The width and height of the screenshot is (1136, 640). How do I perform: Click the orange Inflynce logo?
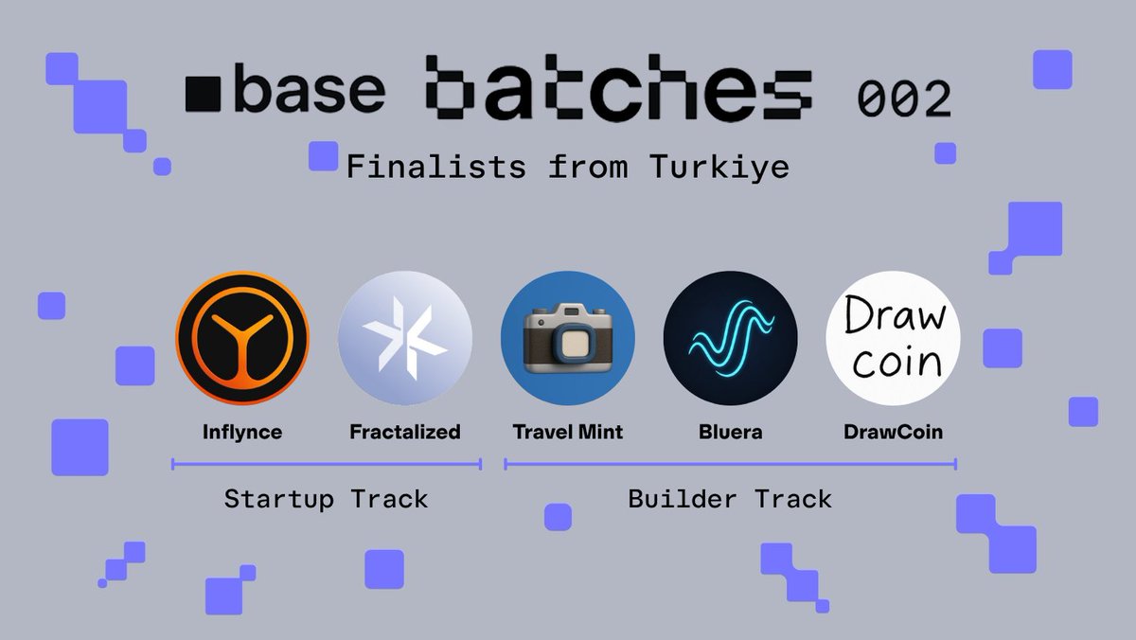pyautogui.click(x=242, y=338)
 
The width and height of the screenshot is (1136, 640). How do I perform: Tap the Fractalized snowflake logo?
pyautogui.click(x=405, y=338)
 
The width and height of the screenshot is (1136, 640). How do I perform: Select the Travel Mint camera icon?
pyautogui.click(x=568, y=338)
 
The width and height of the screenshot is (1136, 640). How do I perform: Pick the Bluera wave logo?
pyautogui.click(x=730, y=338)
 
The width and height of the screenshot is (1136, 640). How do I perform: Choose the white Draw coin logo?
pyautogui.click(x=893, y=338)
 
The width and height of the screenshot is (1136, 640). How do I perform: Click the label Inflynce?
pyautogui.click(x=242, y=433)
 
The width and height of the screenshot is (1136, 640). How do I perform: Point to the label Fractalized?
pyautogui.click(x=405, y=433)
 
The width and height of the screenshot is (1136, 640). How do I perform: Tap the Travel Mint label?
pyautogui.click(x=568, y=433)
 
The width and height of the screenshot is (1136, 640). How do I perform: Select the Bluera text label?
pyautogui.click(x=730, y=433)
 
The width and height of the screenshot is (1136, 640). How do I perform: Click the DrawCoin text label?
pyautogui.click(x=893, y=433)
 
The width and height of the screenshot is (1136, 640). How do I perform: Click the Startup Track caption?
pyautogui.click(x=326, y=499)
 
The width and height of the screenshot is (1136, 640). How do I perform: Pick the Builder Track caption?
pyautogui.click(x=730, y=499)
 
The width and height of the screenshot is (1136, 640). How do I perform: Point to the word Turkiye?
pyautogui.click(x=719, y=168)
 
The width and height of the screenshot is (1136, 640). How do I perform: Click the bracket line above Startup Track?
pyautogui.click(x=327, y=464)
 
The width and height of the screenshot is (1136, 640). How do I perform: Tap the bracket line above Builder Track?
pyautogui.click(x=730, y=464)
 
